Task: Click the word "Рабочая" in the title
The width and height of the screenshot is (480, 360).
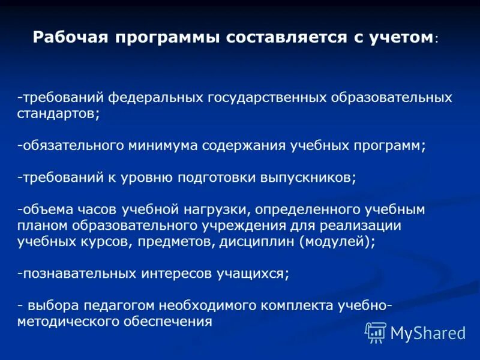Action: point(67,38)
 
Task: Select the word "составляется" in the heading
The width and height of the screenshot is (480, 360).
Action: point(274,38)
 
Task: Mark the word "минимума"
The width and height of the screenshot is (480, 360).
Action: point(162,145)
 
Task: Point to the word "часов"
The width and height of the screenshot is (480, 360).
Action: point(98,210)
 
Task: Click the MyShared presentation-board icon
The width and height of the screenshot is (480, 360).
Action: point(376,332)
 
